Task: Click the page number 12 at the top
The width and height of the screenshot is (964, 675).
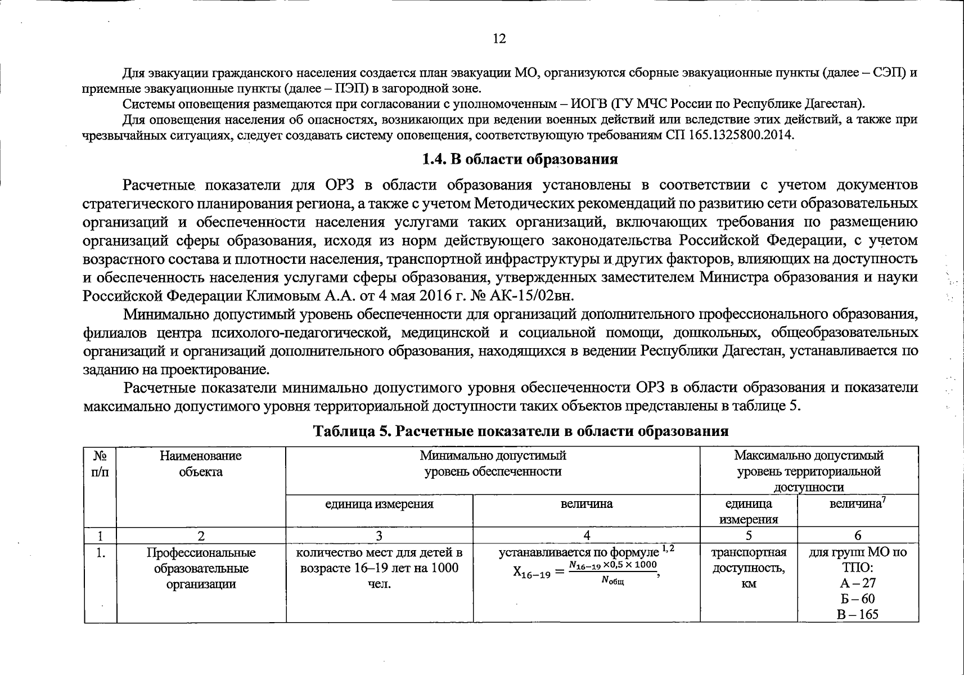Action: coord(499,38)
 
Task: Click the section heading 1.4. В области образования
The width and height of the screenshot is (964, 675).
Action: coord(520,159)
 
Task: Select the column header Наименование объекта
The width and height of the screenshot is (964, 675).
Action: coord(201,463)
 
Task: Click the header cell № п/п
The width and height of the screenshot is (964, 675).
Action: coord(100,463)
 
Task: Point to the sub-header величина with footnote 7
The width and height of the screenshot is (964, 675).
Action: coord(857,504)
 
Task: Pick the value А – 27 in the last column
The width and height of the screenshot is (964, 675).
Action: coord(857,583)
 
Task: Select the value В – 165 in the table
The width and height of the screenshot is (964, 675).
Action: coord(857,614)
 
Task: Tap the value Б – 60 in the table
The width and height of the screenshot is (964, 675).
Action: coord(857,598)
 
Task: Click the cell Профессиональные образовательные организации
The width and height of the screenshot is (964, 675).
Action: coord(201,568)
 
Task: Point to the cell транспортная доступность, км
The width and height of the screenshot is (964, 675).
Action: coord(749,568)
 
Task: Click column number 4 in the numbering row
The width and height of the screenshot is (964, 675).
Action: coord(586,535)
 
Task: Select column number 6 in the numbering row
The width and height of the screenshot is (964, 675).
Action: coord(857,535)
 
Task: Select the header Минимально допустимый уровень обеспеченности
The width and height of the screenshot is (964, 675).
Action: coord(493,463)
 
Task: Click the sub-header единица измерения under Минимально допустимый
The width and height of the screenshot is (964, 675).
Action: coord(379,504)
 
